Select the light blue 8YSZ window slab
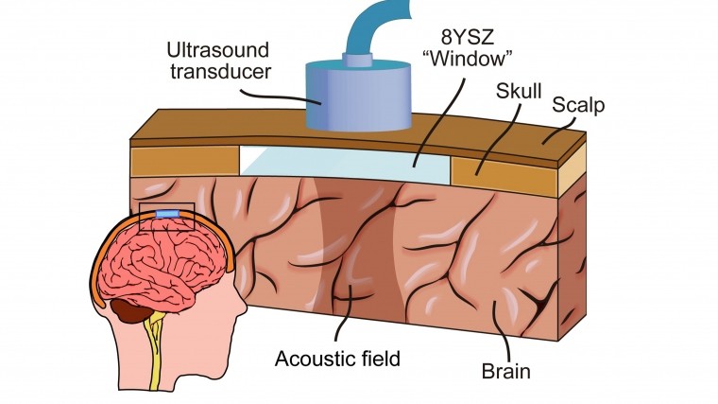[345, 161]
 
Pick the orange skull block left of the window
[184, 160]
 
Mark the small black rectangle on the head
[166, 216]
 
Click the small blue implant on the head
[166, 216]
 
